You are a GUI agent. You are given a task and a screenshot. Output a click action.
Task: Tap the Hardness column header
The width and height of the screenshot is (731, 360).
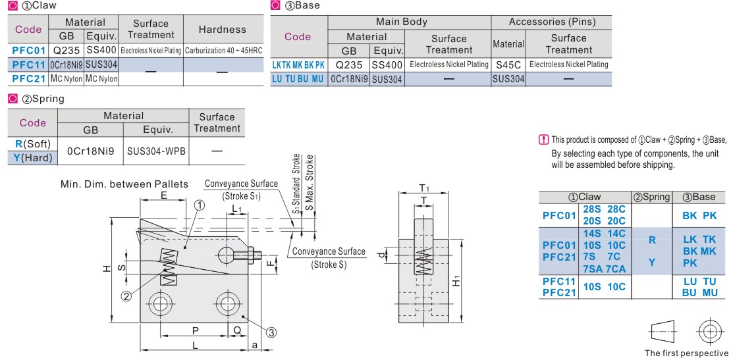point(223,29)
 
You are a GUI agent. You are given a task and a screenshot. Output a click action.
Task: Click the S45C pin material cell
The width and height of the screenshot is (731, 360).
point(508,64)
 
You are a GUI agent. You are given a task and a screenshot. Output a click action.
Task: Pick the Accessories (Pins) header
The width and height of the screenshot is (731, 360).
point(552,22)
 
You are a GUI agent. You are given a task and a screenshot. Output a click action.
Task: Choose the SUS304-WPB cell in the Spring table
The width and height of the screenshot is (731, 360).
point(156,151)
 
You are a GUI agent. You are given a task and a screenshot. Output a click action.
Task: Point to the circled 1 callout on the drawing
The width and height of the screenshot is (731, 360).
point(200,205)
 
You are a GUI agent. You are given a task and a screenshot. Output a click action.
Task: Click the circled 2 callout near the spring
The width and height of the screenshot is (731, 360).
point(126,296)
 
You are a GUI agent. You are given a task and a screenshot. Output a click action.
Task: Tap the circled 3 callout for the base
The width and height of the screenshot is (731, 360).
point(271,332)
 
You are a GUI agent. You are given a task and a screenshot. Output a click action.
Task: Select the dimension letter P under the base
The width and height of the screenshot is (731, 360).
point(195,330)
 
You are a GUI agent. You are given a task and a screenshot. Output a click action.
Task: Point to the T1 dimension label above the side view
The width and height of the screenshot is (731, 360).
point(425,188)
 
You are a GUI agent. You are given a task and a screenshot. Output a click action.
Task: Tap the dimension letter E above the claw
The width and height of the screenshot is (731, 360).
point(163,196)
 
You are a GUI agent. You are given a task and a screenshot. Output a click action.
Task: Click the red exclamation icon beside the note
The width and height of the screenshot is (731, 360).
point(543,140)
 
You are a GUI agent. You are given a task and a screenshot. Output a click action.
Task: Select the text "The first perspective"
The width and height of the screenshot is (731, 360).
point(686,352)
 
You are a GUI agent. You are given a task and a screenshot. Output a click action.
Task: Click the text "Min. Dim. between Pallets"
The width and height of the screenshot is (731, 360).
point(124,183)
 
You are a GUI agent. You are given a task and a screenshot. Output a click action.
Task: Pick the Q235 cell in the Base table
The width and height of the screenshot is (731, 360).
point(348,64)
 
